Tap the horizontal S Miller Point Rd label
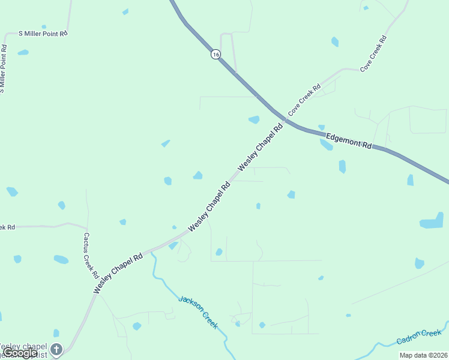[x=43, y=34]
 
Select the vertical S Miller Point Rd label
[x=4, y=68]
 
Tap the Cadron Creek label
[x=418, y=337]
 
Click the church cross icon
[x=56, y=349]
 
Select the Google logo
[x=20, y=353]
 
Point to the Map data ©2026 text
[x=423, y=355]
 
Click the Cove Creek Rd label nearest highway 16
[x=304, y=100]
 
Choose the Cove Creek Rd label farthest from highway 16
[x=373, y=54]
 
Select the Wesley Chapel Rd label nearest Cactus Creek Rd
[x=118, y=273]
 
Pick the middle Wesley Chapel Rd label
[x=209, y=208]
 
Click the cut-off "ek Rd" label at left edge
[x=7, y=227]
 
